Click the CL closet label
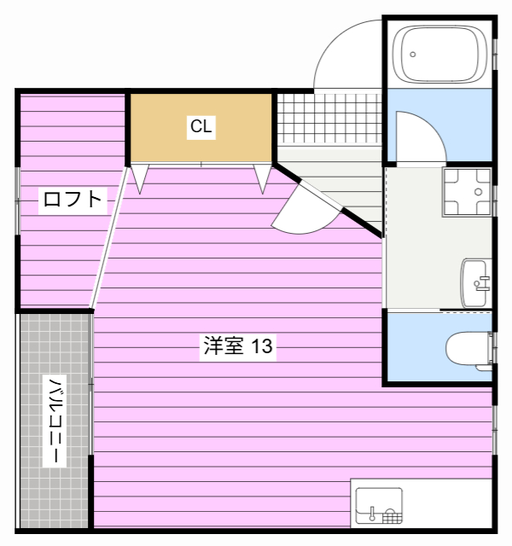(x=201, y=127)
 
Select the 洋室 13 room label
(x=238, y=346)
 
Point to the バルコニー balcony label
(x=55, y=421)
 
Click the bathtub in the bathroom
(x=440, y=55)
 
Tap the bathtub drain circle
(x=413, y=55)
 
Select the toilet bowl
(x=469, y=349)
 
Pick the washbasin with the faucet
(x=476, y=283)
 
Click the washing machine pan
(x=467, y=192)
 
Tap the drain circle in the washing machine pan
(x=479, y=192)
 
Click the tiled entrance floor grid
(x=330, y=118)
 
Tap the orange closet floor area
(x=201, y=127)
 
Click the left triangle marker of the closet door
(x=140, y=179)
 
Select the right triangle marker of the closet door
(x=263, y=179)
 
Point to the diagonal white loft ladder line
(x=109, y=238)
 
